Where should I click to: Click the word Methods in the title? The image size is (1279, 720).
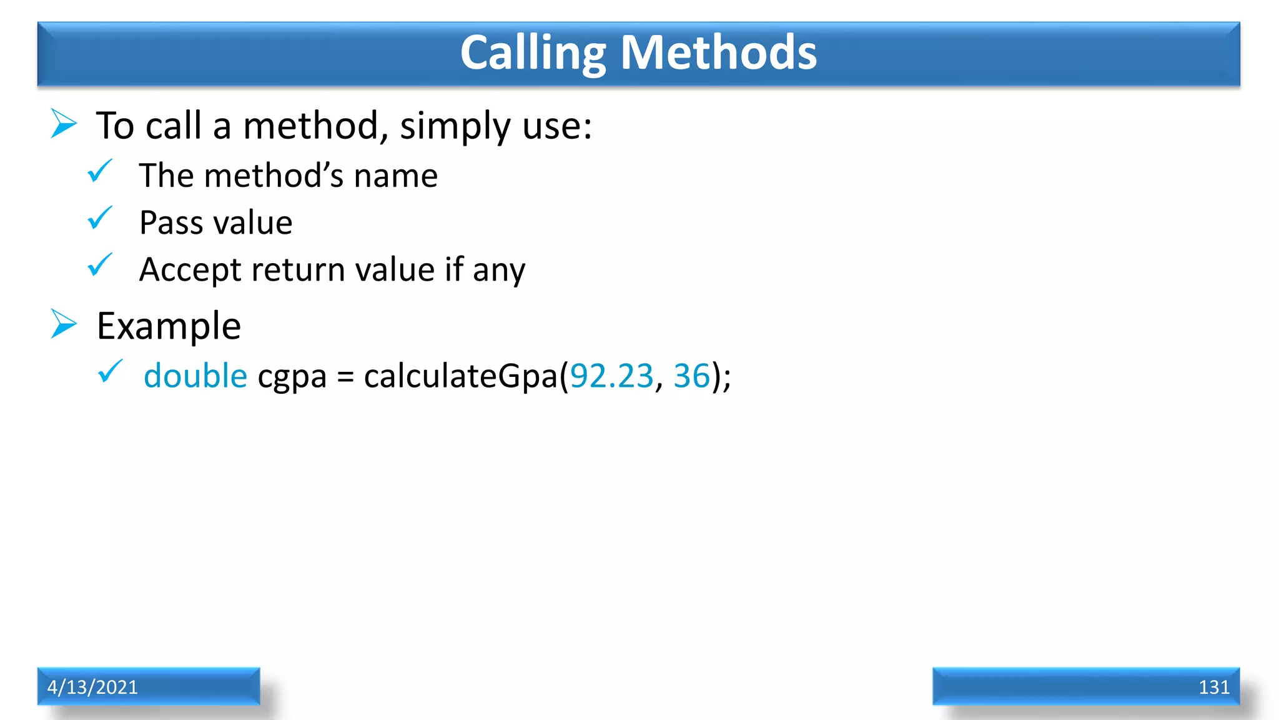click(718, 52)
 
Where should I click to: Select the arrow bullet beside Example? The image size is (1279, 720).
click(64, 324)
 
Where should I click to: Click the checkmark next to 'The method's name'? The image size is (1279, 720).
click(100, 171)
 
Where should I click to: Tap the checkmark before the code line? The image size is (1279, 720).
click(111, 371)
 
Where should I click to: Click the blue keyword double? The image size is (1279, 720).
click(195, 376)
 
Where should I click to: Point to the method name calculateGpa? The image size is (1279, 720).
click(462, 376)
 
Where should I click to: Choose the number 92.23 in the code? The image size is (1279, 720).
click(611, 376)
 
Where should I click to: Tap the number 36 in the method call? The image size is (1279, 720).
click(692, 376)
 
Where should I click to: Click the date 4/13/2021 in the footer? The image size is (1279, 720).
click(92, 687)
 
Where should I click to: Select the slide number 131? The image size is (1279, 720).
click(1213, 687)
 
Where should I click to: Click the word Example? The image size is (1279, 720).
click(169, 326)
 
